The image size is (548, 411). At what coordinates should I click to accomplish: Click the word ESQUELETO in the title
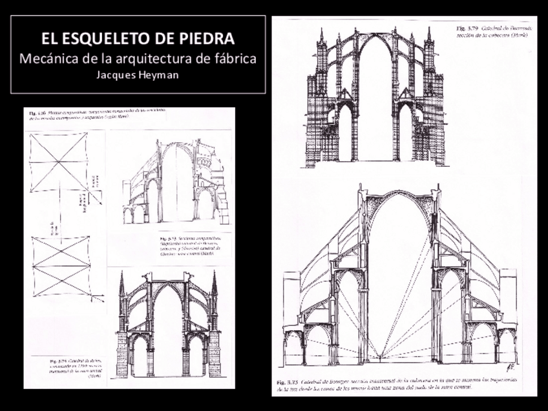pyautogui.click(x=111, y=37)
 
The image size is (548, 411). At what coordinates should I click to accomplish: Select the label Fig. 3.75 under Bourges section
pyautogui.click(x=287, y=381)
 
